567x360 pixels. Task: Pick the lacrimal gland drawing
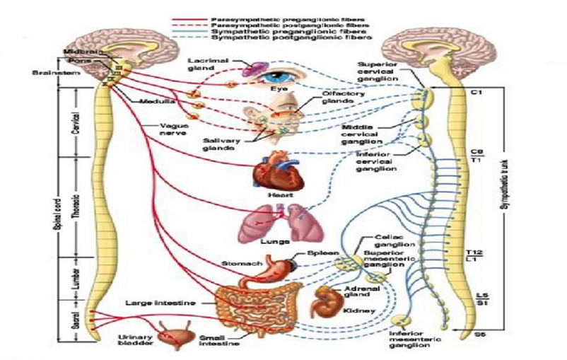252,69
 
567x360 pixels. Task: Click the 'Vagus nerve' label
173,131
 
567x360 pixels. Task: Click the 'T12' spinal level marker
474,252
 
